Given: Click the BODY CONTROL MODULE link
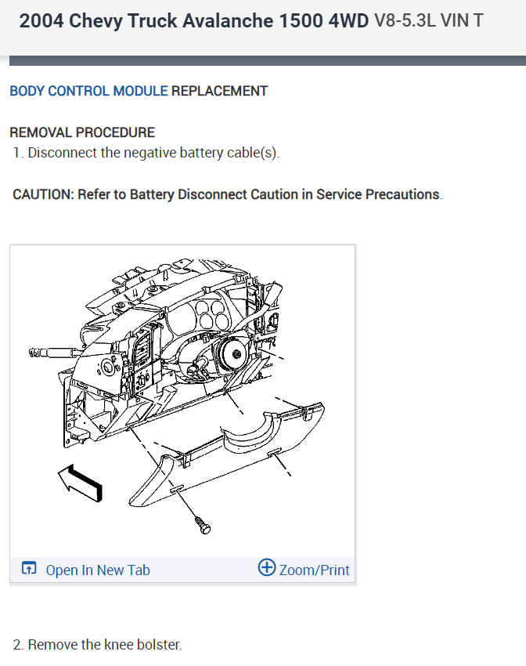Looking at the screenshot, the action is tap(88, 91).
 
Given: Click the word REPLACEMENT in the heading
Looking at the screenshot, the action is tap(219, 91).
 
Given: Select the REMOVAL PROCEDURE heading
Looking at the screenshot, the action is tap(82, 132).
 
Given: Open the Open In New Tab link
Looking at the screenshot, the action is tap(98, 570).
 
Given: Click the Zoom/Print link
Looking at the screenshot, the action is tap(314, 570).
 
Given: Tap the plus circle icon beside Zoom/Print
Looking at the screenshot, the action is tap(266, 568).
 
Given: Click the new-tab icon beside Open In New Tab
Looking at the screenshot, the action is tap(29, 570).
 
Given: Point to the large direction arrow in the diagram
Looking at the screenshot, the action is tap(80, 481).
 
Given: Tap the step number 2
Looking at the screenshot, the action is tap(17, 645).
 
